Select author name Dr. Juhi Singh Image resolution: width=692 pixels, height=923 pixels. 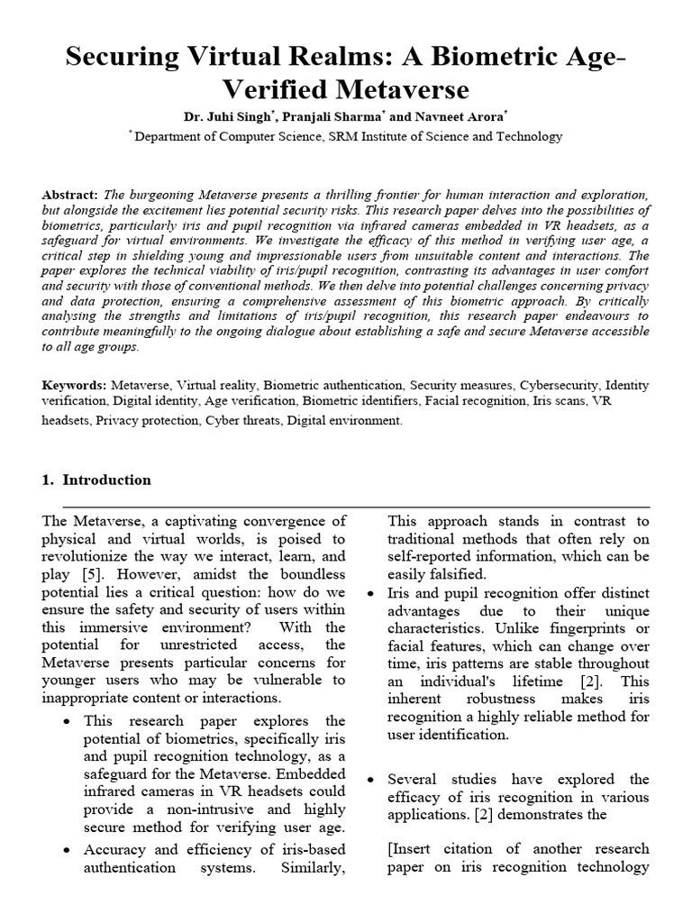[x=220, y=116]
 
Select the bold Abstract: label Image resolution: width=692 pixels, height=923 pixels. [x=71, y=195]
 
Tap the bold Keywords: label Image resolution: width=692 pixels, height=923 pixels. [x=76, y=385]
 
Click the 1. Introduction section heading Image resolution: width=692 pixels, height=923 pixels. [x=96, y=480]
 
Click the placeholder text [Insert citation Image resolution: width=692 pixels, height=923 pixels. [x=441, y=849]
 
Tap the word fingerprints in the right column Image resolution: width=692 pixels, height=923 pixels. [x=596, y=627]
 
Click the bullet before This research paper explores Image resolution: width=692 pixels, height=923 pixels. [x=68, y=721]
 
